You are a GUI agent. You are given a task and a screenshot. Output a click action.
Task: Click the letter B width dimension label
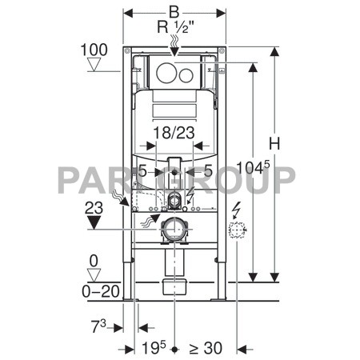point(174,12)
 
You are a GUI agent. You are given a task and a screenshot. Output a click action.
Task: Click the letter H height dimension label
point(274,143)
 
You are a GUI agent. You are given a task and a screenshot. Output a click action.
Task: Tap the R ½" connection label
point(175,26)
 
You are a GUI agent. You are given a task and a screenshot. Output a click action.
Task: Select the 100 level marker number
point(94,50)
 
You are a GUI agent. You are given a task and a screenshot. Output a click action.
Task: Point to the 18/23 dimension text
point(174,133)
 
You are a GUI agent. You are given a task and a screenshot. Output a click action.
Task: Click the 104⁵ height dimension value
point(253,167)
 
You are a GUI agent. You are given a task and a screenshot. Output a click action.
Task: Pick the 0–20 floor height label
point(101,291)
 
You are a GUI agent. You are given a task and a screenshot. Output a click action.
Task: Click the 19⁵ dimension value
point(154,347)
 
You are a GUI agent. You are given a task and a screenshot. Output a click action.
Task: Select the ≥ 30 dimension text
point(206,348)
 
